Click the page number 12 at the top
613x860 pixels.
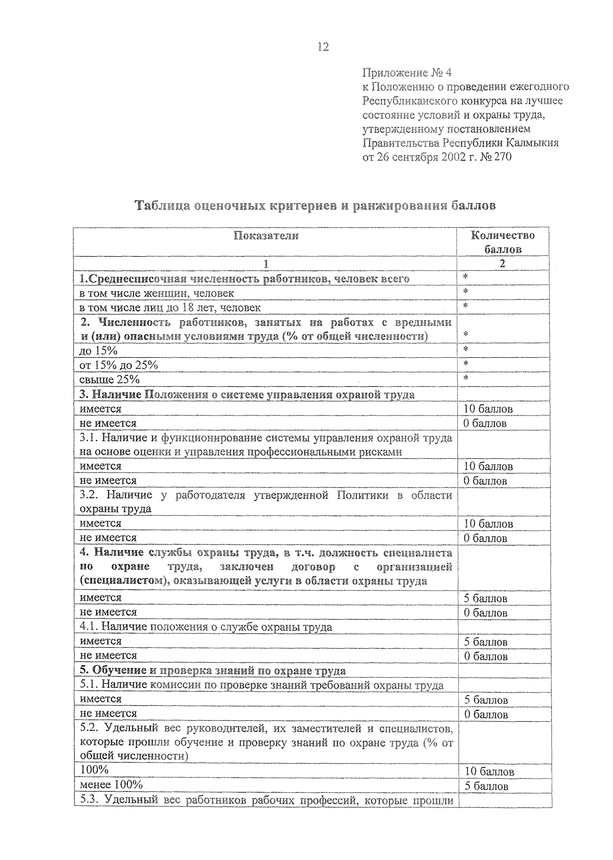pyautogui.click(x=323, y=47)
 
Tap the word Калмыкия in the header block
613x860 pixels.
pyautogui.click(x=533, y=143)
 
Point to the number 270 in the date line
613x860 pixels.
pyautogui.click(x=502, y=157)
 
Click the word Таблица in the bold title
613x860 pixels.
pyautogui.click(x=162, y=206)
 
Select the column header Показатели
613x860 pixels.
pyautogui.click(x=266, y=236)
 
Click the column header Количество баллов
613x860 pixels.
pyautogui.click(x=503, y=242)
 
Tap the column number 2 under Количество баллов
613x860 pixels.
pyautogui.click(x=502, y=264)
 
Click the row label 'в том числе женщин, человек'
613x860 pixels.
pyautogui.click(x=156, y=293)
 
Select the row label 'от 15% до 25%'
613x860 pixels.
pyautogui.click(x=119, y=365)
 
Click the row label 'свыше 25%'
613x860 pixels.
pyautogui.click(x=109, y=379)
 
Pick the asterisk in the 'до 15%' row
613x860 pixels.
pyautogui.click(x=465, y=350)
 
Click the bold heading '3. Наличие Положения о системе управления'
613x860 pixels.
pyautogui.click(x=247, y=395)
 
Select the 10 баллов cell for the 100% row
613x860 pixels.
pyautogui.click(x=489, y=772)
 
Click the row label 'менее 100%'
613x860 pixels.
pyautogui.click(x=111, y=784)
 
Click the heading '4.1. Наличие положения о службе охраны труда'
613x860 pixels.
pyautogui.click(x=206, y=627)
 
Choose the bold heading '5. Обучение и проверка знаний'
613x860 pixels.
pyautogui.click(x=213, y=671)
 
